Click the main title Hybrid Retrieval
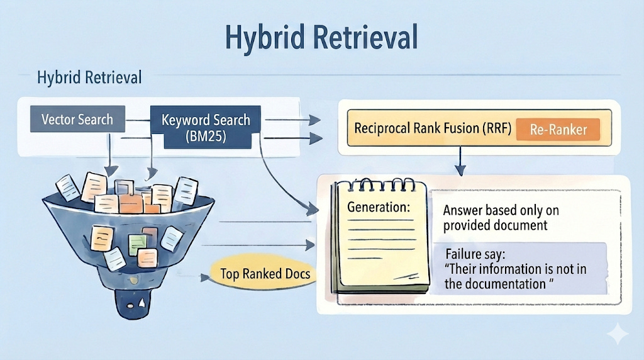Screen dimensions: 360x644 pos(321,38)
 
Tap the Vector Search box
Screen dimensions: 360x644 pos(77,120)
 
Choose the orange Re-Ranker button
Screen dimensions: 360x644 pos(557,130)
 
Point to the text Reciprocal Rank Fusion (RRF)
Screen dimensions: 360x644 pos(432,129)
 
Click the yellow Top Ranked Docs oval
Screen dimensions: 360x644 pos(264,274)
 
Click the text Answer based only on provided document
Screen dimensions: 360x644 pos(501,218)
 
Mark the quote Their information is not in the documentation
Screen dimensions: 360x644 pos(515,276)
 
